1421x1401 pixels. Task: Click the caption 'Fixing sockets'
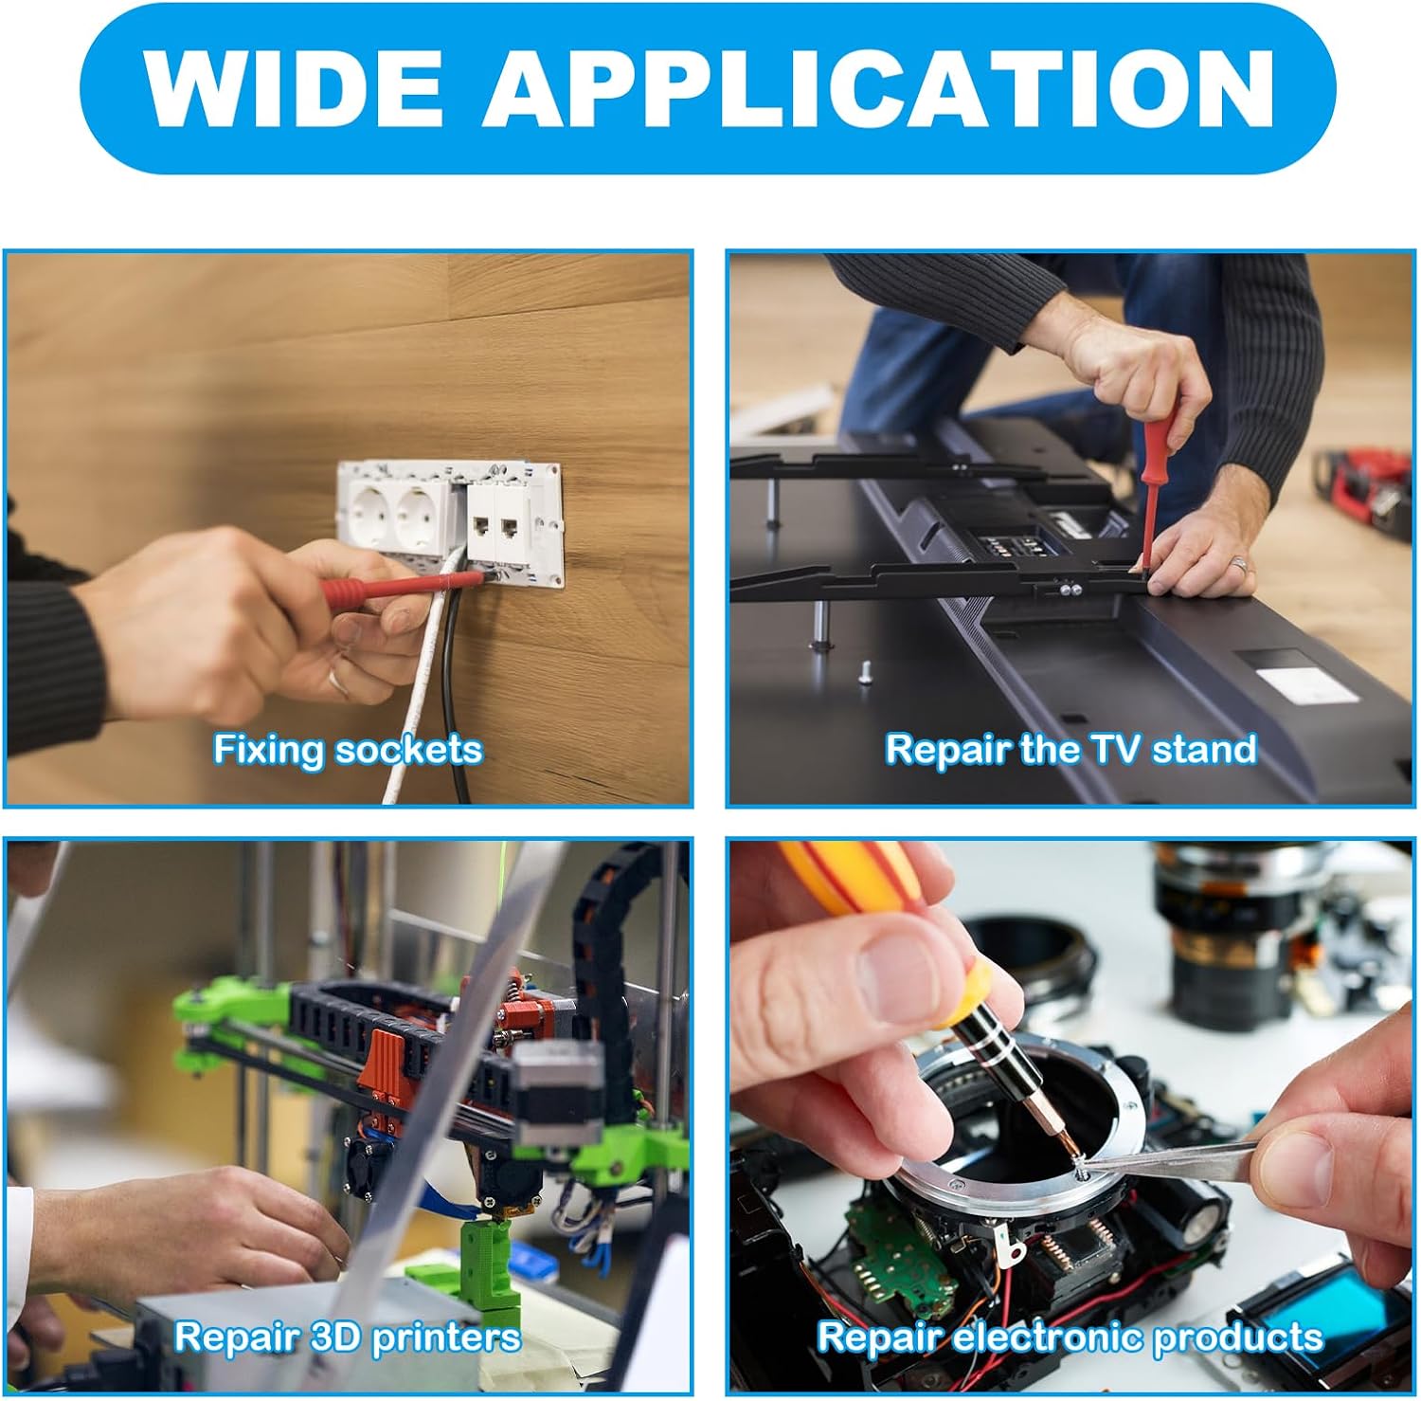tap(348, 750)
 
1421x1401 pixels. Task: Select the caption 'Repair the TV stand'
tap(1070, 750)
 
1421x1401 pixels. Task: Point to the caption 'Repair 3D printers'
tap(348, 1337)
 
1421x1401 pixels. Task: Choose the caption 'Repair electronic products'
tap(1070, 1337)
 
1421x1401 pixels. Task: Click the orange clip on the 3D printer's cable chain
tap(387, 1067)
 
